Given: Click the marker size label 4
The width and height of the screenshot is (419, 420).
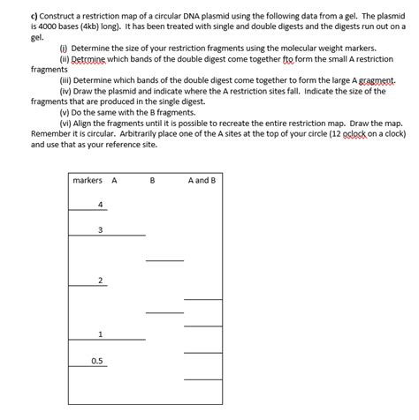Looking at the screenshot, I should [x=101, y=205].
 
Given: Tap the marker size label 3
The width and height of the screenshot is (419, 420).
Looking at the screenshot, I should [x=101, y=230].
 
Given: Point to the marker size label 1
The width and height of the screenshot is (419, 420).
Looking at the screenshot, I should [x=101, y=334].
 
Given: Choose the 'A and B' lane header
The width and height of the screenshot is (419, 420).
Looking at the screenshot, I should [x=202, y=181].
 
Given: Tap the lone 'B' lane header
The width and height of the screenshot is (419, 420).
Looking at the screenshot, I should [x=152, y=181].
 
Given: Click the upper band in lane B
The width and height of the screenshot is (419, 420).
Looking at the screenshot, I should [x=165, y=260].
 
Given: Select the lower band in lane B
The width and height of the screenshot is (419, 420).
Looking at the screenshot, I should [x=165, y=312].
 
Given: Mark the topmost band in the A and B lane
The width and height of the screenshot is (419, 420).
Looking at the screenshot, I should [x=202, y=300].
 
